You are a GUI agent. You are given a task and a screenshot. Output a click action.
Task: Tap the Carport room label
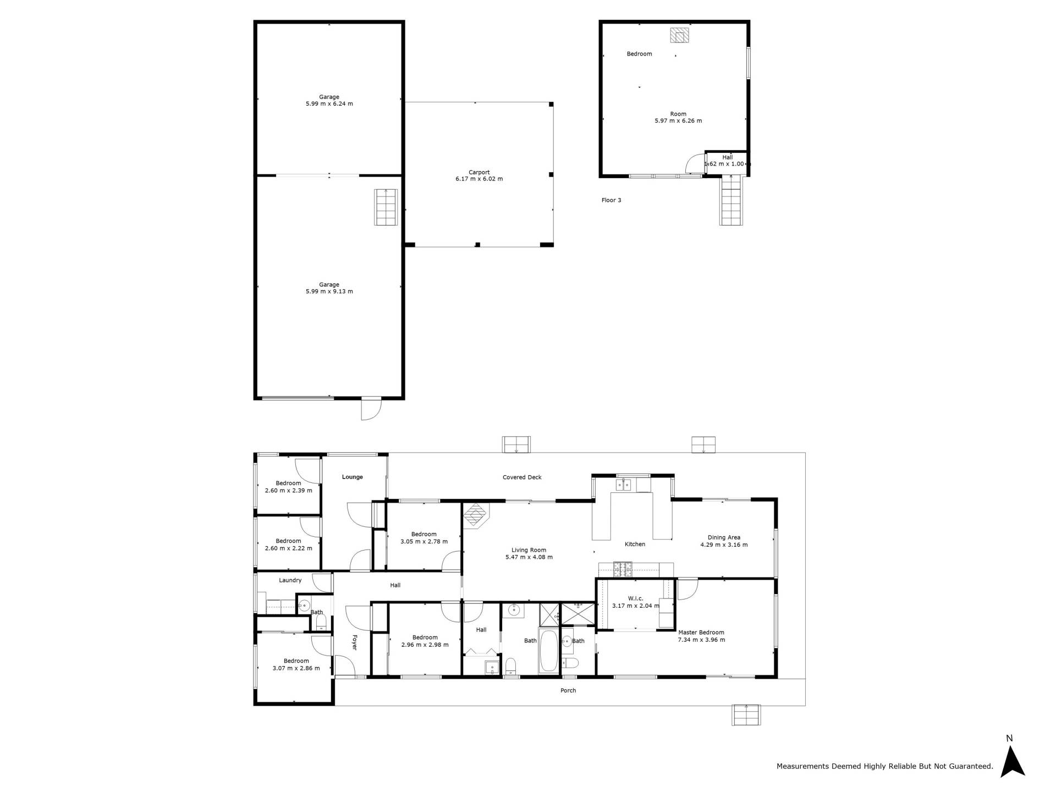[x=479, y=172]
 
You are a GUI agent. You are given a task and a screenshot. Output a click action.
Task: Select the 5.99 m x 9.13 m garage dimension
[x=329, y=291]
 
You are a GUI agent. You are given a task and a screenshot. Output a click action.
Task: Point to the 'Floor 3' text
[x=611, y=200]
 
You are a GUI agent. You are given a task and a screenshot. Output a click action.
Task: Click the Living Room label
[x=529, y=550]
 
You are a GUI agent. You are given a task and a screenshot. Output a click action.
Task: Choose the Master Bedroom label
[x=701, y=632]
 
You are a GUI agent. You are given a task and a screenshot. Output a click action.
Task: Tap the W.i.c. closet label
[x=635, y=598]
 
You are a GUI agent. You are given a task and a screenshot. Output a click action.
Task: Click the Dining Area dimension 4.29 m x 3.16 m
[x=724, y=545]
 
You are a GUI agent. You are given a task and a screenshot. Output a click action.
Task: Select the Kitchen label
[x=635, y=544]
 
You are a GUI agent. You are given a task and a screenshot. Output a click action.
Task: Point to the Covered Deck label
[x=522, y=477]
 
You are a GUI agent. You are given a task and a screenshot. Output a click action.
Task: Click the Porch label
[x=568, y=690]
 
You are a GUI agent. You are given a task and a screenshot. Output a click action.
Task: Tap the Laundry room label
[x=290, y=580]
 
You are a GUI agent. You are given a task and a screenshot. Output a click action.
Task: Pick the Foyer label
[x=354, y=642]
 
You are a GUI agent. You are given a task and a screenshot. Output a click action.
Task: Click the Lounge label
[x=353, y=477]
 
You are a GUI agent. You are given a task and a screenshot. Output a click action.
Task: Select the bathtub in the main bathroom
[x=548, y=651]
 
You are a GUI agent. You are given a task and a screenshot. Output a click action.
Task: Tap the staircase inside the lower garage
[x=386, y=207]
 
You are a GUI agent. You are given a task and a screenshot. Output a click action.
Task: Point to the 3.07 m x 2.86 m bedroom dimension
[x=296, y=668]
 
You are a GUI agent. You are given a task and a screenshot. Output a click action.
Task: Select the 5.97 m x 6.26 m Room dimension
[x=678, y=121]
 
